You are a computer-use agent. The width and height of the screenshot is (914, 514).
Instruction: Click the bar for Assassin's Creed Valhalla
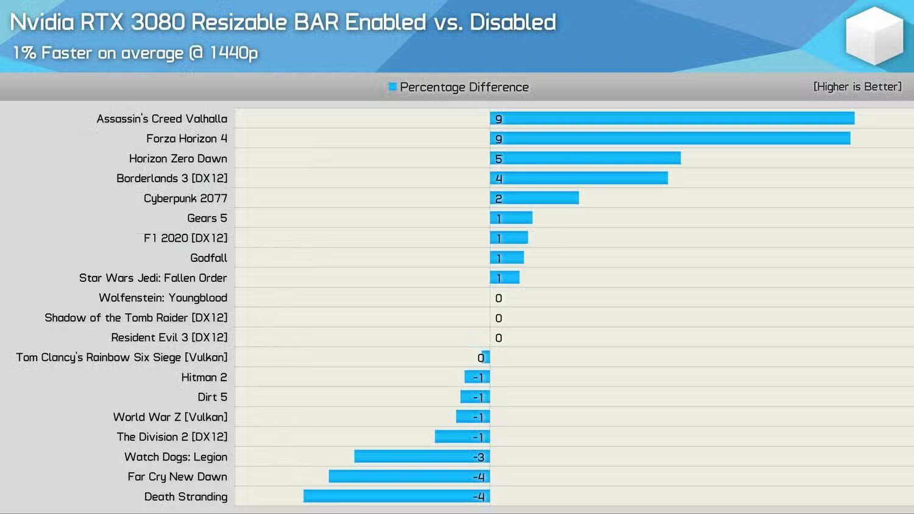click(x=672, y=118)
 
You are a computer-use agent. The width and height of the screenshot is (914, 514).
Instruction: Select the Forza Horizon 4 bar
click(x=670, y=138)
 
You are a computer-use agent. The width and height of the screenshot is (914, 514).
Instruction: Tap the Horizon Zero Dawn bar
click(x=585, y=158)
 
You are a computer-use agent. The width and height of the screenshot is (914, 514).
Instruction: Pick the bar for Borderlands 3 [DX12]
click(x=579, y=178)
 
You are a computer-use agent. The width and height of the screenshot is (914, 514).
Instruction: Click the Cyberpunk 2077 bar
click(x=534, y=198)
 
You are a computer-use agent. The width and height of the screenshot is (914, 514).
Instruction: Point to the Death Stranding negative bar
click(x=397, y=496)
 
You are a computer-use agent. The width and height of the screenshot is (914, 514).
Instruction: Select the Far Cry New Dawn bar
click(x=409, y=476)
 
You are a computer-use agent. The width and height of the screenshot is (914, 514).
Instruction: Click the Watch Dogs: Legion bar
click(x=422, y=457)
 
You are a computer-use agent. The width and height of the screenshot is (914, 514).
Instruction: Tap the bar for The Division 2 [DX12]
click(x=462, y=437)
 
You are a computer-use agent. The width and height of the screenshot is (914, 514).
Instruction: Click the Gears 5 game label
click(x=207, y=218)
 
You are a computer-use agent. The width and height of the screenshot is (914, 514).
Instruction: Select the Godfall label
click(x=208, y=258)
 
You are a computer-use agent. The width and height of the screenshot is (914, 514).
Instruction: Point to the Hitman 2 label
click(x=204, y=378)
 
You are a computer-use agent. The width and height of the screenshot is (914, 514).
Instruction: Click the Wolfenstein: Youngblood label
click(x=163, y=298)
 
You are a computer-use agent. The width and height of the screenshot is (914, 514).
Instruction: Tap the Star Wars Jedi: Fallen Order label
click(x=153, y=278)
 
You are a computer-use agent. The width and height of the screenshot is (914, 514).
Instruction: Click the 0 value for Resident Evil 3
click(x=498, y=338)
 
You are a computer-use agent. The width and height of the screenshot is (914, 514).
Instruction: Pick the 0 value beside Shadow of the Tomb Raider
click(x=498, y=318)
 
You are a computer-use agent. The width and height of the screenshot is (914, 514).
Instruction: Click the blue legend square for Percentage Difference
click(x=392, y=86)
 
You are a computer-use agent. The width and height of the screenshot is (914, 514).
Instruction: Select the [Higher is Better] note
click(x=857, y=86)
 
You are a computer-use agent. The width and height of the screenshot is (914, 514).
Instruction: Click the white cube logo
click(x=874, y=36)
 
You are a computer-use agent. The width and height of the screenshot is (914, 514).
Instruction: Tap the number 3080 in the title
click(x=158, y=22)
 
